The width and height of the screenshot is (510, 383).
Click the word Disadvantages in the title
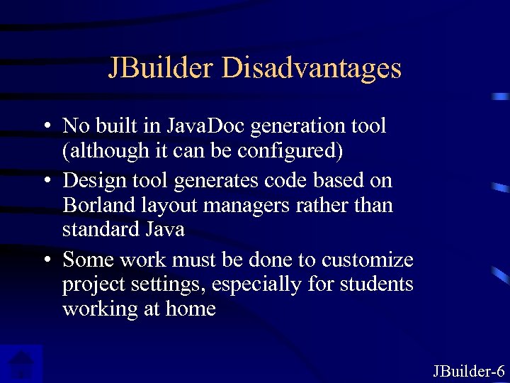(x=311, y=68)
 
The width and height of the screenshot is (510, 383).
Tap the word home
(x=191, y=309)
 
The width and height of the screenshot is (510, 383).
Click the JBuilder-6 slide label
(x=468, y=370)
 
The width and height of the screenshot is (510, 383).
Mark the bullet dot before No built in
(x=45, y=127)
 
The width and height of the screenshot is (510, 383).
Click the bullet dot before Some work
(x=45, y=260)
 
